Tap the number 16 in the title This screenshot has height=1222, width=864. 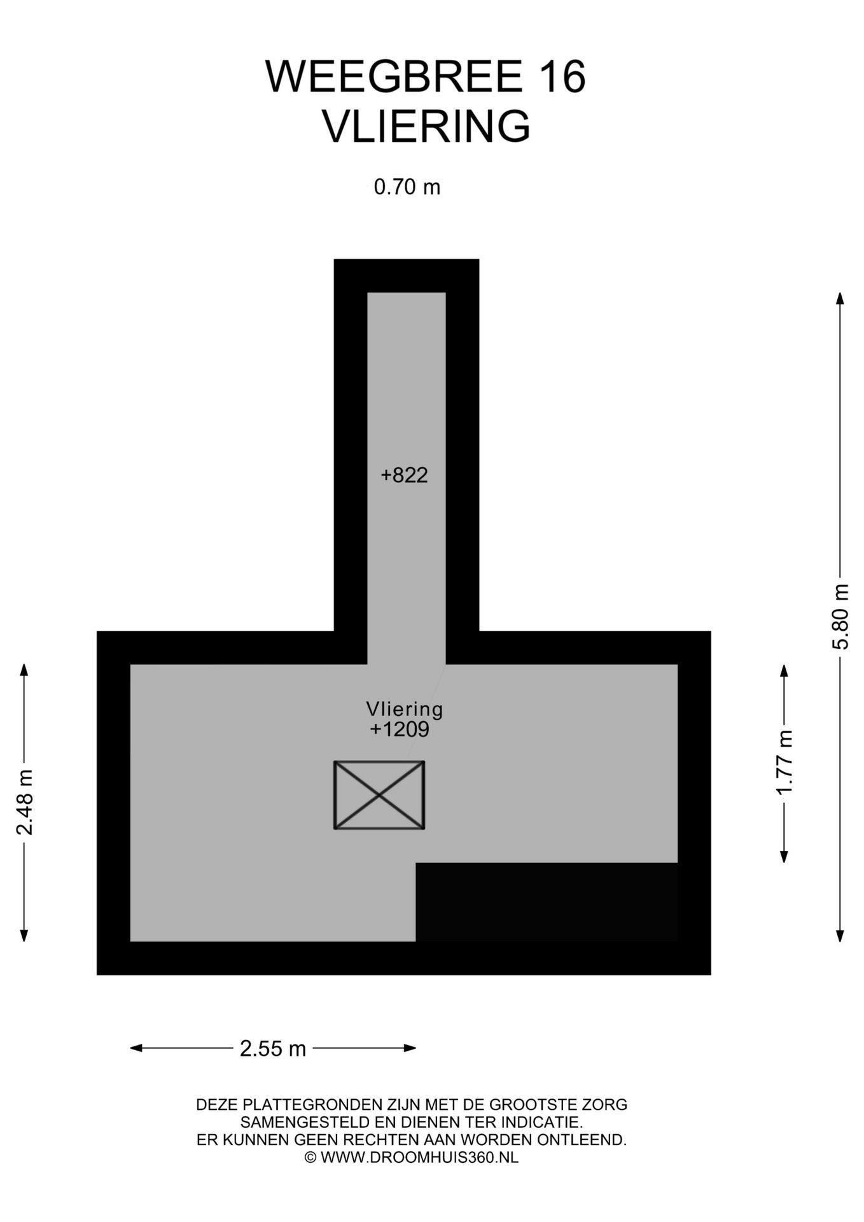point(562,77)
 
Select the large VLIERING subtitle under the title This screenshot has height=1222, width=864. point(426,126)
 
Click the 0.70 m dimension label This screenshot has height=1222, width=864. point(407,187)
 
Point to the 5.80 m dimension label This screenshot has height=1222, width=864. point(840,616)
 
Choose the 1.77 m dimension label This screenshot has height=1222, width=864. point(784,762)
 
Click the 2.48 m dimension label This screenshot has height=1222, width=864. point(25,801)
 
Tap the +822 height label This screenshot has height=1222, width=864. point(404,475)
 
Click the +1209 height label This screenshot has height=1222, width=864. point(400,729)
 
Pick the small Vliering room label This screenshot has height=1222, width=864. point(405,709)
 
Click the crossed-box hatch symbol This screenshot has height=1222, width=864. point(379,795)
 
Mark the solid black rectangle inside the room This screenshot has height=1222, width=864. point(547,902)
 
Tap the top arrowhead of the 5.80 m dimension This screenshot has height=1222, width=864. point(840,298)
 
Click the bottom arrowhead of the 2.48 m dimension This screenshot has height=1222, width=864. point(24,936)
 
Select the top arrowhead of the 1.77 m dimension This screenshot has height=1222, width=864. point(784,670)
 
